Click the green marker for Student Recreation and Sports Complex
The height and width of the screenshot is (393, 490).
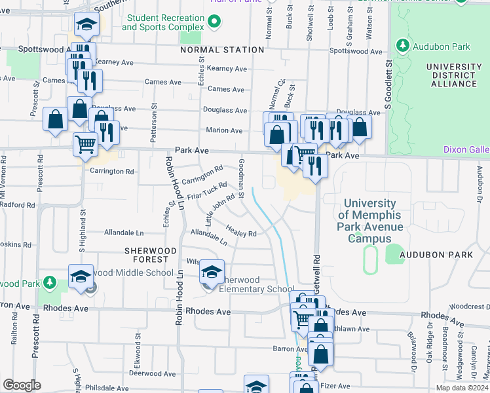click(x=213, y=23)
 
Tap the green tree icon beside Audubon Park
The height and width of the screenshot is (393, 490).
click(x=402, y=47)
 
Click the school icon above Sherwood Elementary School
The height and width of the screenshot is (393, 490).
click(x=212, y=271)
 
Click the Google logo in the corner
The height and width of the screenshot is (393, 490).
click(x=22, y=385)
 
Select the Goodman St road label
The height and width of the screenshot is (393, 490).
click(x=241, y=178)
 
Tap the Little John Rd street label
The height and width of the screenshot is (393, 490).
click(x=220, y=209)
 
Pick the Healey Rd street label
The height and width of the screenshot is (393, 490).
click(x=240, y=231)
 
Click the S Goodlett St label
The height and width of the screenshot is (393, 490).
click(x=388, y=85)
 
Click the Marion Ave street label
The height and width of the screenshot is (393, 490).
click(x=224, y=130)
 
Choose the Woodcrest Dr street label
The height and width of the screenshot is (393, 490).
click(x=470, y=306)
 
